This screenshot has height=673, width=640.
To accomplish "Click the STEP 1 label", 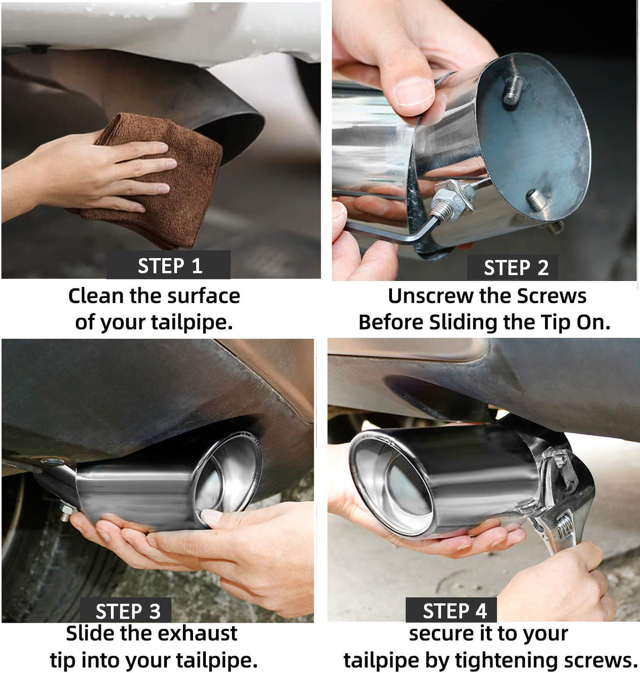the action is pos(170,266).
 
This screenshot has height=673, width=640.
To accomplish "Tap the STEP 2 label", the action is pos(516,268).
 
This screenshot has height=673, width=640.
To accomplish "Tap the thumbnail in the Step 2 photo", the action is pos(413,92).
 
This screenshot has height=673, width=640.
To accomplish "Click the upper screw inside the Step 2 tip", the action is pos(513,90).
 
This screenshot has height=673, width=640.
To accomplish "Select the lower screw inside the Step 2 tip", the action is pos(536,201).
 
